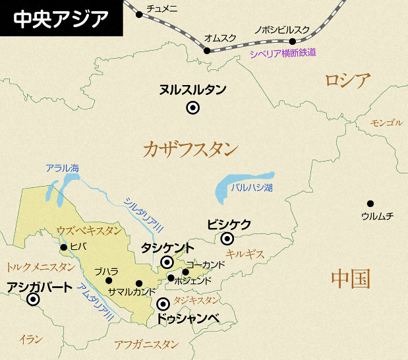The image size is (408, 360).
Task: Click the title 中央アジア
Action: coord(61,17)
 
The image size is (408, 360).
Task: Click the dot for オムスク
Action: coord(207,51)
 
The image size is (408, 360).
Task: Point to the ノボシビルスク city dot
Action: coord(293,41)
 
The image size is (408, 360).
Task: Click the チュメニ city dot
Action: coord(139,14)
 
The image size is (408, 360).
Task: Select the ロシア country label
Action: coord(347,81)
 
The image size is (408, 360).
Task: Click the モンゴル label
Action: coord(386,123)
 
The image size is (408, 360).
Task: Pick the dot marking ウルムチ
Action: coord(370,204)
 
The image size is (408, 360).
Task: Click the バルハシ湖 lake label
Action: coord(252,187)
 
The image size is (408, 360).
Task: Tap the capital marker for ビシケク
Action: coord(227,239)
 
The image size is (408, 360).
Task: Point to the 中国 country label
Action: coord(350,278)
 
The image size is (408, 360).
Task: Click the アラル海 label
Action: coord(63,168)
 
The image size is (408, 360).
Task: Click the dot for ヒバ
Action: coord(63,247)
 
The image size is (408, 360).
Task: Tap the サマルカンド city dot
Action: coord(139,284)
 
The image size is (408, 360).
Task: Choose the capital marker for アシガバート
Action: coord(32,301)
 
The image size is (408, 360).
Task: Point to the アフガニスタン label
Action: coord(146,344)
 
